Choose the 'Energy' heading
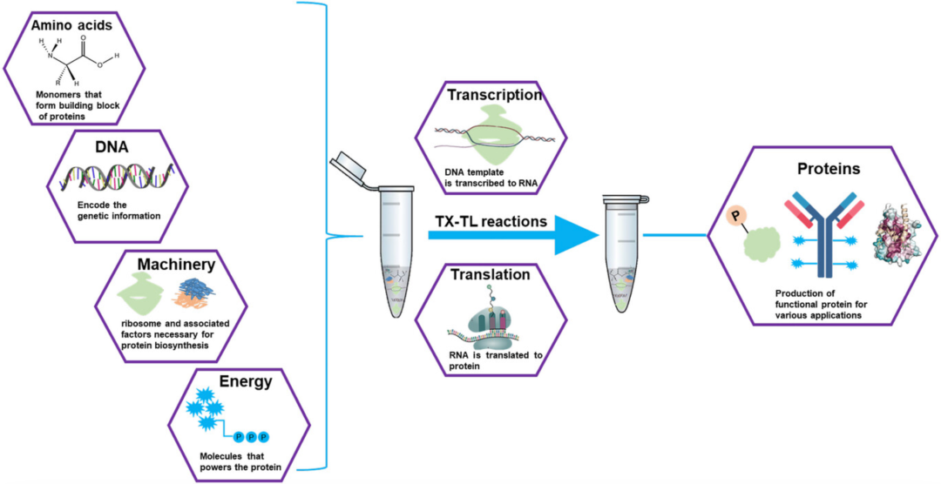pos(245,381)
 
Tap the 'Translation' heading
pos(491,274)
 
